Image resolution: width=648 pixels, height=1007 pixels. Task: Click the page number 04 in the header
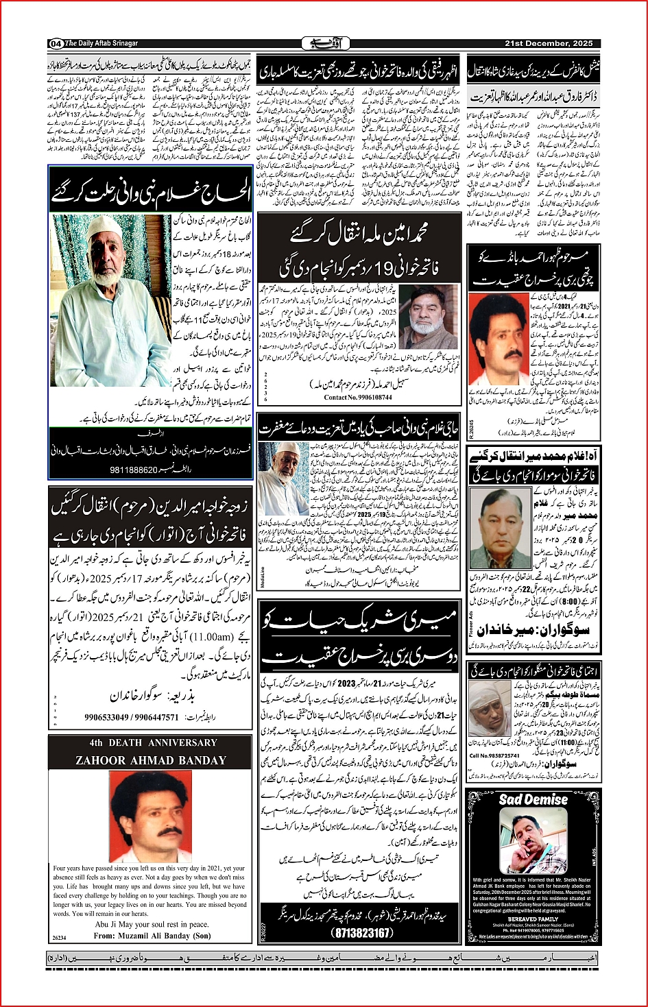56,44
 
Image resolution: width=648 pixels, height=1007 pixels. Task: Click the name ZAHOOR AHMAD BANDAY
151,760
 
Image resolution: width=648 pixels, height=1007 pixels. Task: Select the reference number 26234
60,937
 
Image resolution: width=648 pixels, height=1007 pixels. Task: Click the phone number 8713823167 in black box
361,933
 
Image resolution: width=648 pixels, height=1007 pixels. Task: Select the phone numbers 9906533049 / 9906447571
132,718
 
